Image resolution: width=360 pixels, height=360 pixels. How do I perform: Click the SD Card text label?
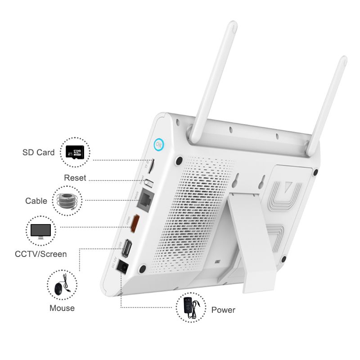38,153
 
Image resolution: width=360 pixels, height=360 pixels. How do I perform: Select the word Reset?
75,178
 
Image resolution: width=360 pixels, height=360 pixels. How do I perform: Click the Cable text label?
36,201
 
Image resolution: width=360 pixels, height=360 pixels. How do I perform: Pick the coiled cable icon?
68,201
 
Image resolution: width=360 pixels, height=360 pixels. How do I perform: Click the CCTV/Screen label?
40,254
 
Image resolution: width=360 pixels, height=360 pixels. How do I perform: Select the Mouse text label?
62,308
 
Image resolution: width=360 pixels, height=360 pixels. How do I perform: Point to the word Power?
223,310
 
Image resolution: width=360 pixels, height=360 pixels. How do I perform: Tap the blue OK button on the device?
158,145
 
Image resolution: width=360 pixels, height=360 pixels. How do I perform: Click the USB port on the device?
128,247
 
